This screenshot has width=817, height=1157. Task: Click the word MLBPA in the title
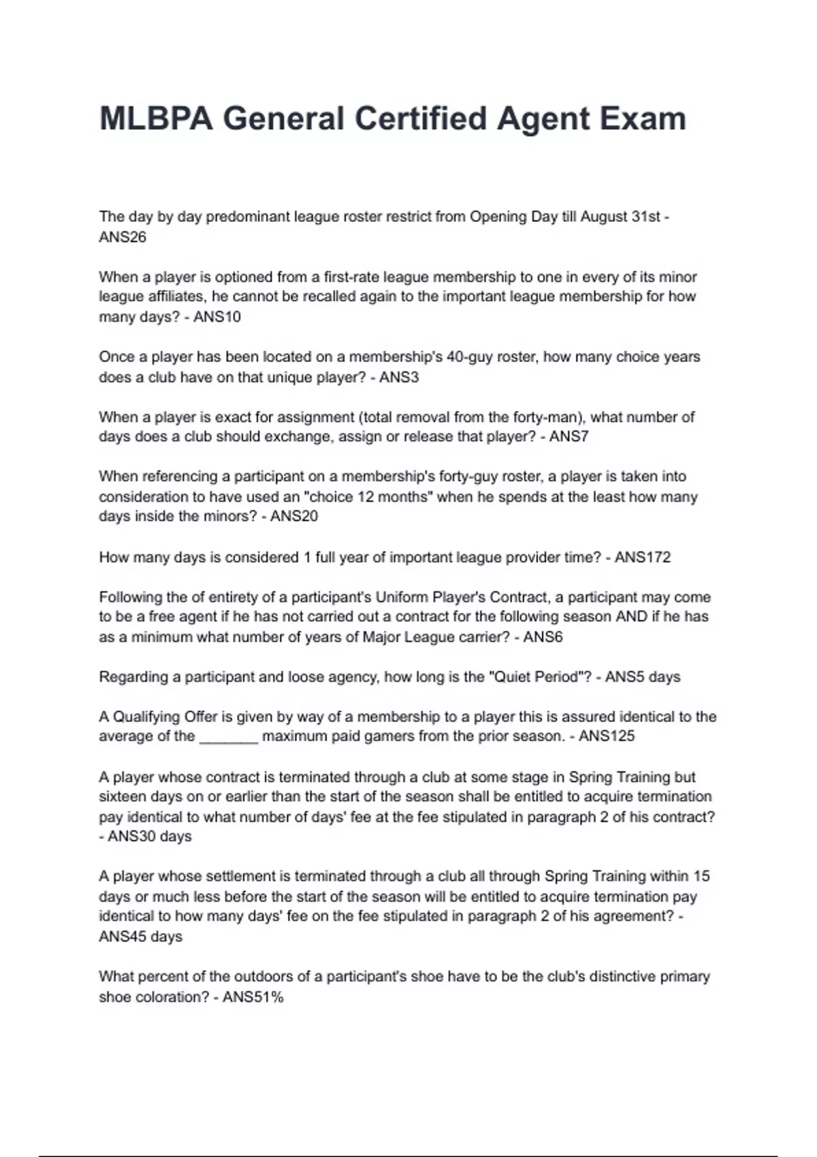156,119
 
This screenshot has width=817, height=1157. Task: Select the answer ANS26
123,237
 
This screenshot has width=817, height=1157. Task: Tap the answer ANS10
217,316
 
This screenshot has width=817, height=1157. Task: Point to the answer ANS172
643,557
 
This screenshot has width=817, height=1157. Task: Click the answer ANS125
607,736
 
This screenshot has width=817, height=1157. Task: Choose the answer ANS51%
253,997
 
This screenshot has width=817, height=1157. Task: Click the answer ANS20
294,516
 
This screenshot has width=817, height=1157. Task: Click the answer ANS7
569,436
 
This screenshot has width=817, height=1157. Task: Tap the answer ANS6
543,637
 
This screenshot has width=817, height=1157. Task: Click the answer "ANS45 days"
141,936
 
